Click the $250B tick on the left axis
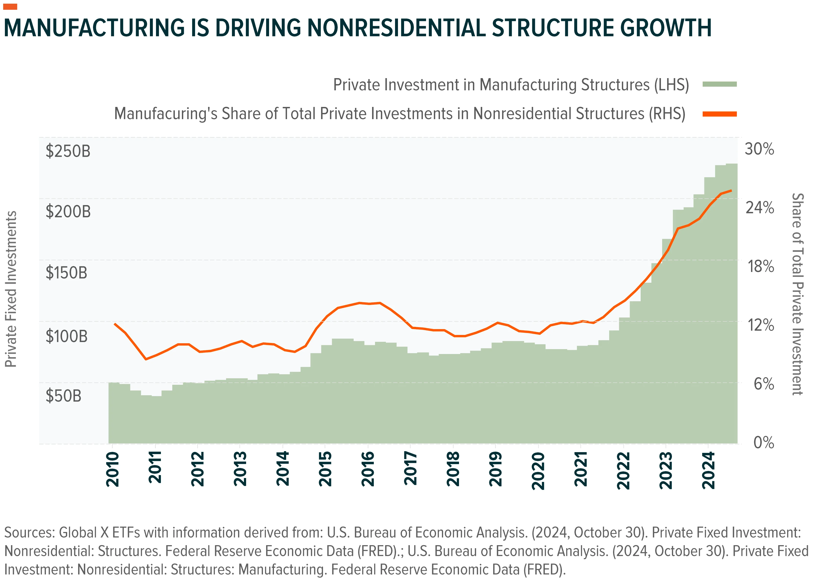tap(68, 151)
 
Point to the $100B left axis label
tap(66, 336)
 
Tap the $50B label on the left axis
tap(63, 396)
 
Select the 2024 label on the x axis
tap(709, 470)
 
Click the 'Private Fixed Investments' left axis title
tap(11, 289)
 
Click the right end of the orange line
tap(731, 190)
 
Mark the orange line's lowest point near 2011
tap(146, 359)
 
